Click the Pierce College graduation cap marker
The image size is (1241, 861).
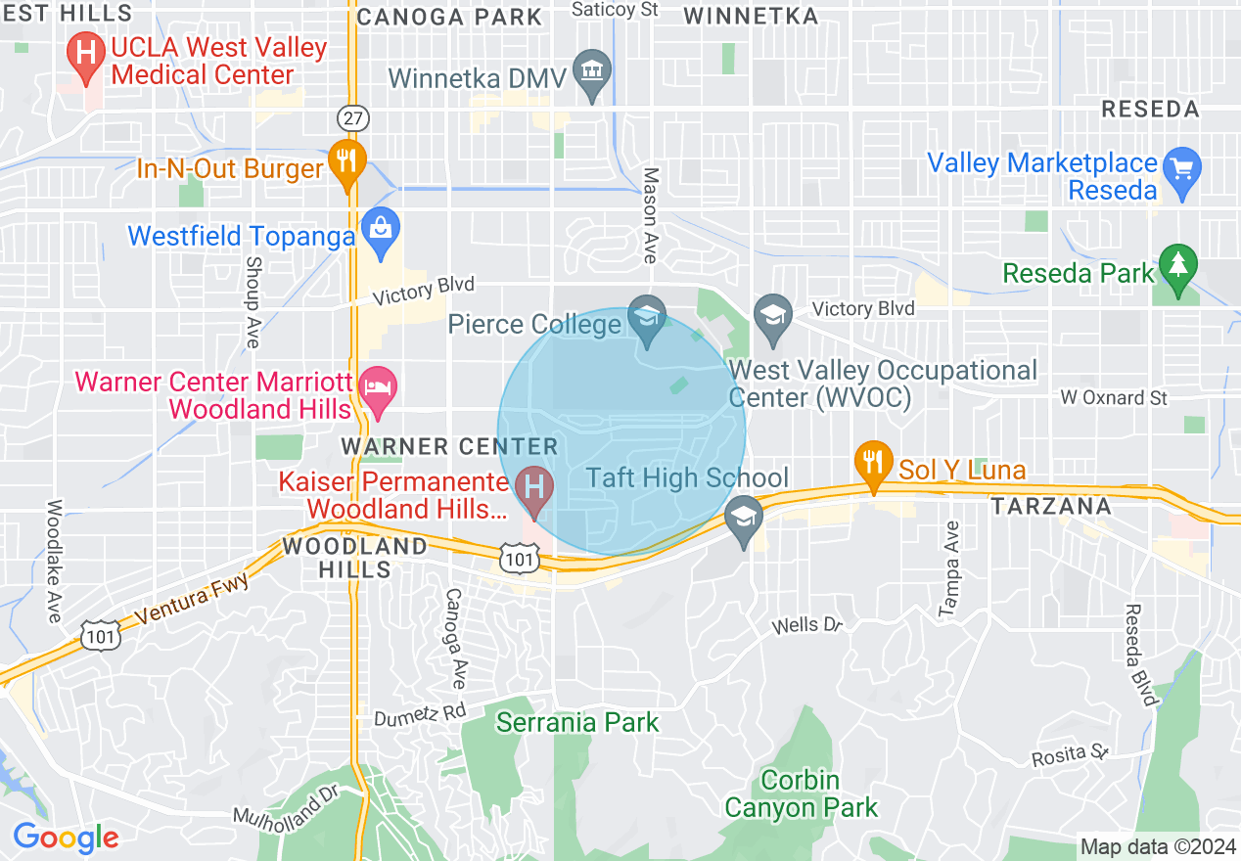(647, 320)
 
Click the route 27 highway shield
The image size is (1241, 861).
(351, 117)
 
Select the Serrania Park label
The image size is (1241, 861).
(577, 722)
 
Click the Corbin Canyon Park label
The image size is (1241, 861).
(801, 793)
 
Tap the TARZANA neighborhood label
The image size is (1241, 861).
(1050, 506)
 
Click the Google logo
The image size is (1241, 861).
(66, 838)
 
